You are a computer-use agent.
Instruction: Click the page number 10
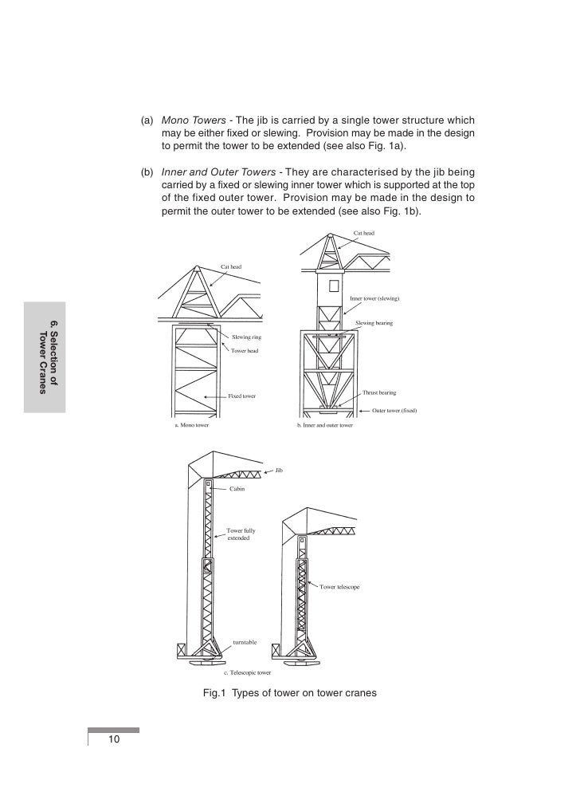[x=114, y=741]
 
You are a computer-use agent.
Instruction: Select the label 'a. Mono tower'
[x=191, y=426]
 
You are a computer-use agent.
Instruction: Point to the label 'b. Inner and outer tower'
[x=324, y=426]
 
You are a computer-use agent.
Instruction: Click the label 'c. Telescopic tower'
[x=247, y=672]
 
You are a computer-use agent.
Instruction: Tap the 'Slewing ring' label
[x=246, y=338]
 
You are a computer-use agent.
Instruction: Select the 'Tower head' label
[x=245, y=351]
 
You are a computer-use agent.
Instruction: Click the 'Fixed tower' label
[x=242, y=396]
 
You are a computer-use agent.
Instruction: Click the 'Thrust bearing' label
[x=379, y=392]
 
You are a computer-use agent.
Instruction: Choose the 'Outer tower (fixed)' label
[x=394, y=411]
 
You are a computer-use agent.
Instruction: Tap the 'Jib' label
[x=279, y=469]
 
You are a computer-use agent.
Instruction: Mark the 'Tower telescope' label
[x=340, y=587]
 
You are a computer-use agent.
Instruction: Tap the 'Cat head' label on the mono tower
[x=231, y=266]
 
